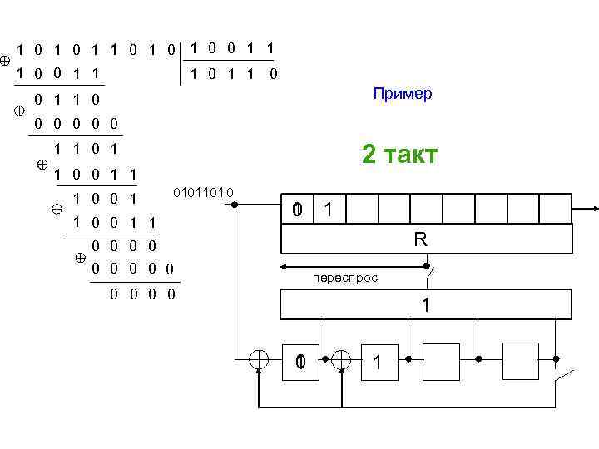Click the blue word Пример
[x=403, y=94]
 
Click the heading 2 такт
[x=399, y=155]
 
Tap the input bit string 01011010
[x=204, y=194]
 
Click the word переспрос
[x=344, y=278]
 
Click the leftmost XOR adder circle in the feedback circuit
[x=260, y=358]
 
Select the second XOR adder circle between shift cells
[x=341, y=358]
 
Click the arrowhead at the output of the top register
[x=594, y=210]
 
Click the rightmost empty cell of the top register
[x=557, y=210]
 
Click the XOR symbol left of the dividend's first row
[x=6, y=61]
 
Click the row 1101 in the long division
[x=83, y=150]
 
